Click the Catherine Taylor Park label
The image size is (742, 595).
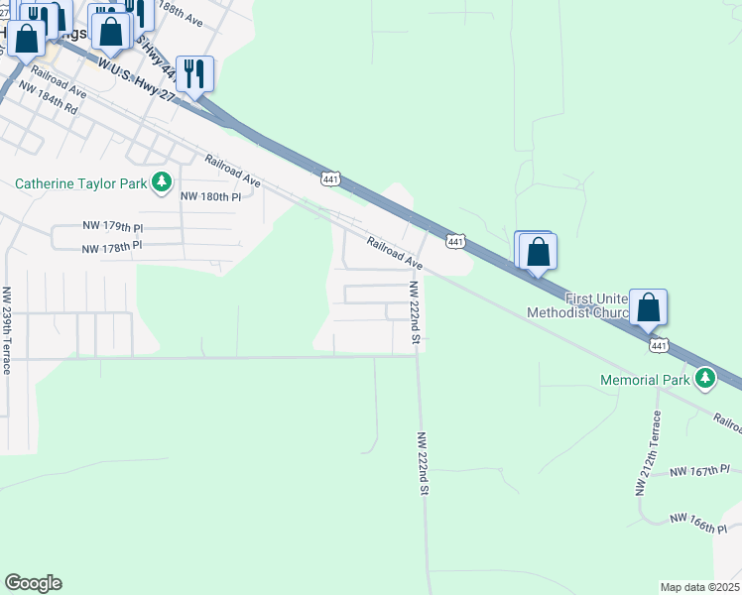pyautogui.click(x=80, y=182)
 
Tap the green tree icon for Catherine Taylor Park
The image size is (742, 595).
pyautogui.click(x=161, y=182)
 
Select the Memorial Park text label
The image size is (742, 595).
pyautogui.click(x=646, y=380)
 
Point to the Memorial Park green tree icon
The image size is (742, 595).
pyautogui.click(x=705, y=378)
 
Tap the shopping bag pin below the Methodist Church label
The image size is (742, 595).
pyautogui.click(x=648, y=307)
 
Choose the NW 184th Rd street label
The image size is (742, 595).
pyautogui.click(x=48, y=101)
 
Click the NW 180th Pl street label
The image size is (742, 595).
pyautogui.click(x=210, y=196)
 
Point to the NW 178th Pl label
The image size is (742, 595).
pyautogui.click(x=111, y=246)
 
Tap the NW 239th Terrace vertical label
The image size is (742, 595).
pyautogui.click(x=6, y=330)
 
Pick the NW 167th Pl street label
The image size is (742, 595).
pyautogui.click(x=699, y=470)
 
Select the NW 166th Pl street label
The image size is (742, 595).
pyautogui.click(x=698, y=522)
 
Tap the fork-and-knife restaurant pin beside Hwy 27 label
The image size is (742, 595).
pyautogui.click(x=195, y=73)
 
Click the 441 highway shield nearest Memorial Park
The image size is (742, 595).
pyautogui.click(x=658, y=344)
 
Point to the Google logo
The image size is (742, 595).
pyautogui.click(x=33, y=583)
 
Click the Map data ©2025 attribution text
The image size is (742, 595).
pyautogui.click(x=699, y=587)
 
